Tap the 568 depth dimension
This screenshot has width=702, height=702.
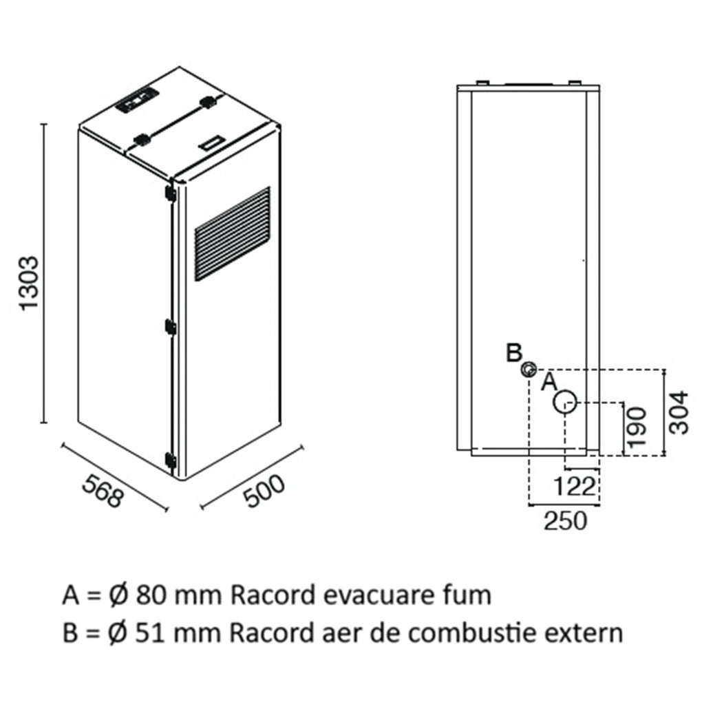pyautogui.click(x=103, y=491)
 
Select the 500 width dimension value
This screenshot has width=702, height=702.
pyautogui.click(x=264, y=491)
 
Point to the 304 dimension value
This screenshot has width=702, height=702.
pyautogui.click(x=679, y=412)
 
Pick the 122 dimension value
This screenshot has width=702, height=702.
pyautogui.click(x=575, y=487)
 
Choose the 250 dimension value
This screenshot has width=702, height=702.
pyautogui.click(x=565, y=521)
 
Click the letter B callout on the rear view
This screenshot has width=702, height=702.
pyautogui.click(x=514, y=352)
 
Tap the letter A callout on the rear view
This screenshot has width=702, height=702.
pyautogui.click(x=549, y=382)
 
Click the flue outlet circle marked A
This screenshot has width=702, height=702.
pyautogui.click(x=565, y=402)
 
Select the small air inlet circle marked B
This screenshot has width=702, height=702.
pyautogui.click(x=529, y=370)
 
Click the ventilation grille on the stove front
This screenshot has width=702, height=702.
pyautogui.click(x=233, y=234)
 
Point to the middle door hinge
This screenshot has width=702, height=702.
pyautogui.click(x=170, y=326)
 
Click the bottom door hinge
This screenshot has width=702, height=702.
pyautogui.click(x=170, y=460)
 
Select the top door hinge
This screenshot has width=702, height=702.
pyautogui.click(x=170, y=193)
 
